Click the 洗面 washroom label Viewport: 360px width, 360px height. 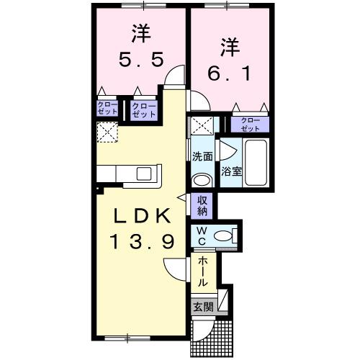(x=202, y=156)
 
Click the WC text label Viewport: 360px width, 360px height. (x=202, y=235)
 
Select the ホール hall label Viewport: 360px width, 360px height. (x=202, y=273)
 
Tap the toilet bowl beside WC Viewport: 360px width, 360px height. (x=225, y=235)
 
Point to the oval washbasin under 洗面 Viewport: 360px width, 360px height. (x=202, y=179)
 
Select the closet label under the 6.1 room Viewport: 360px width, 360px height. (x=250, y=123)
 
